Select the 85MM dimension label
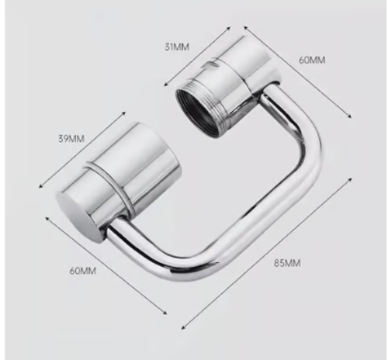tap(288, 263)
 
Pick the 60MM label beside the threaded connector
tap(312, 60)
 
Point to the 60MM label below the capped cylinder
tap(81, 270)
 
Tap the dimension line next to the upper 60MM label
tap(299, 74)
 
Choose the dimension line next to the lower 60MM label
tap(105, 265)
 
